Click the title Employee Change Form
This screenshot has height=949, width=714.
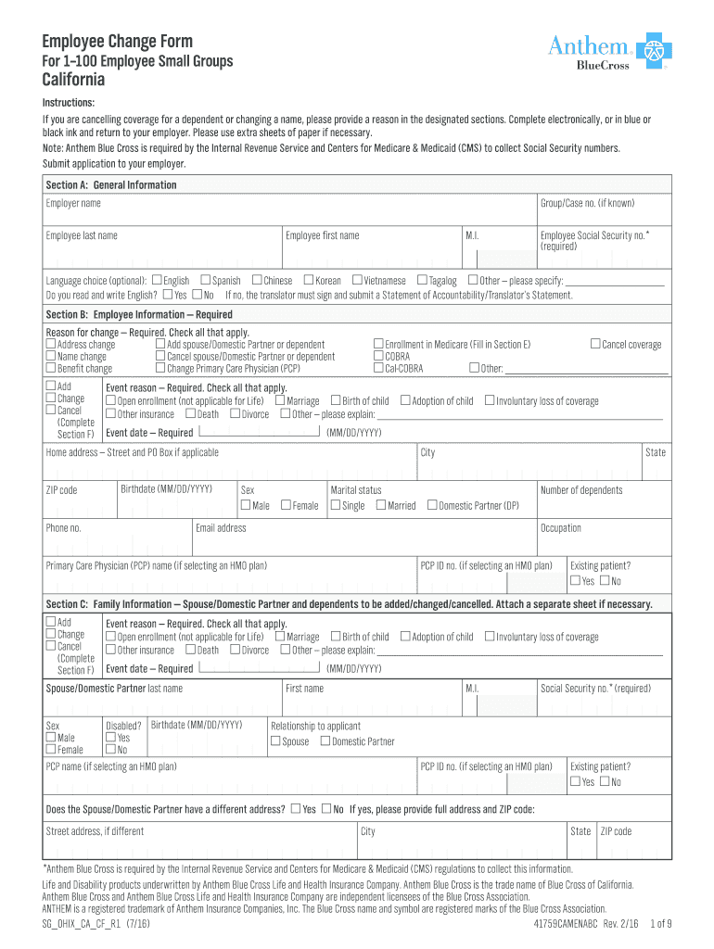[117, 41]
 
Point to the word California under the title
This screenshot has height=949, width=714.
[77, 82]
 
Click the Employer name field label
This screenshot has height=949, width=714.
[73, 203]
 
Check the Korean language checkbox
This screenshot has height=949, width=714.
[309, 280]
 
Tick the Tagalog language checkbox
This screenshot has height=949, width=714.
[422, 280]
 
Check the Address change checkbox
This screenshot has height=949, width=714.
[51, 345]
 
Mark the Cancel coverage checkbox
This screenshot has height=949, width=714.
[595, 345]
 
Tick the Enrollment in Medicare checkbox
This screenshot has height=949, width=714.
[378, 345]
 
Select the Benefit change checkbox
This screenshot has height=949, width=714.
[51, 368]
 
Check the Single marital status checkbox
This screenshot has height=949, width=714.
[336, 505]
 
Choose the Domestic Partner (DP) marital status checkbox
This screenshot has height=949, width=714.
[431, 505]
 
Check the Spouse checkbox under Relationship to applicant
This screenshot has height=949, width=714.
[275, 740]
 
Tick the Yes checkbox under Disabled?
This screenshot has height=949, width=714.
[110, 738]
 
